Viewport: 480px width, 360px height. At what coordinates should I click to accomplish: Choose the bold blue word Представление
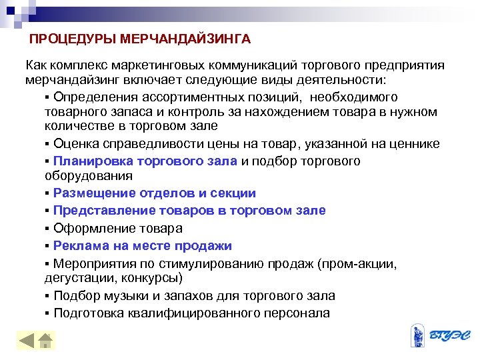[103, 211]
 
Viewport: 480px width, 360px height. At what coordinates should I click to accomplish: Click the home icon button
[45, 341]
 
